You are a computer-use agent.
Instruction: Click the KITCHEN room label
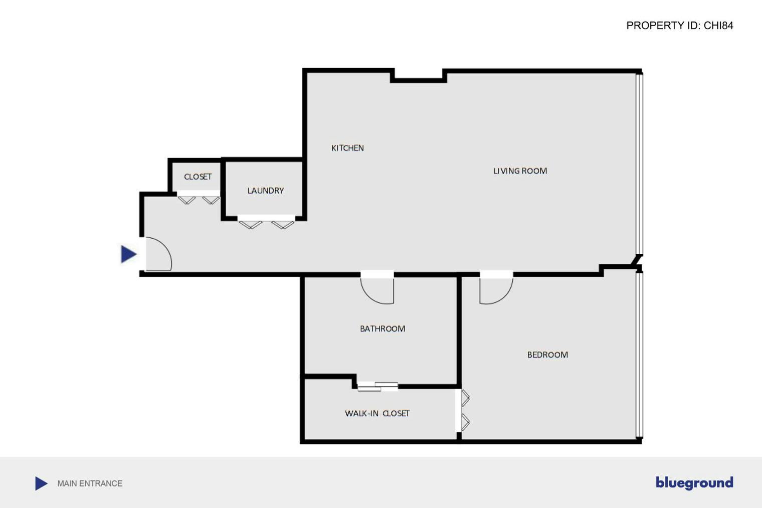pyautogui.click(x=347, y=148)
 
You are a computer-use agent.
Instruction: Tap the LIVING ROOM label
pyautogui.click(x=520, y=171)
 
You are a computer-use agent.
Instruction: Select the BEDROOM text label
pyautogui.click(x=547, y=355)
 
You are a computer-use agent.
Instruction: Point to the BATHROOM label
pyautogui.click(x=383, y=328)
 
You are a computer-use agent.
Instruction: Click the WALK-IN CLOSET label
pyautogui.click(x=377, y=413)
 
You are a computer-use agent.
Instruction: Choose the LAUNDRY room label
pyautogui.click(x=265, y=191)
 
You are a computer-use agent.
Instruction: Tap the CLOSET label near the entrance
pyautogui.click(x=198, y=177)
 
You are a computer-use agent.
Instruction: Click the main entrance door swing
pyautogui.click(x=158, y=254)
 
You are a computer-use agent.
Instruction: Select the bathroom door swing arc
pyautogui.click(x=377, y=290)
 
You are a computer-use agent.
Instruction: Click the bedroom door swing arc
pyautogui.click(x=496, y=290)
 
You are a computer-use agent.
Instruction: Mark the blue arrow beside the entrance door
pyautogui.click(x=128, y=254)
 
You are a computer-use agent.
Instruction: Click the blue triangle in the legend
pyautogui.click(x=41, y=483)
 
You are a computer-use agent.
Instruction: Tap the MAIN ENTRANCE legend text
pyautogui.click(x=90, y=483)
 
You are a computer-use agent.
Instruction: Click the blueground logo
pyautogui.click(x=694, y=482)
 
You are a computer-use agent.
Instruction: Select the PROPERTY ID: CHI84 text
pyautogui.click(x=679, y=26)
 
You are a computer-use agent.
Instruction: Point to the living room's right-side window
pyautogui.click(x=639, y=163)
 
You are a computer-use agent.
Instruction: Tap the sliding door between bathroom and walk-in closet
pyautogui.click(x=377, y=386)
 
